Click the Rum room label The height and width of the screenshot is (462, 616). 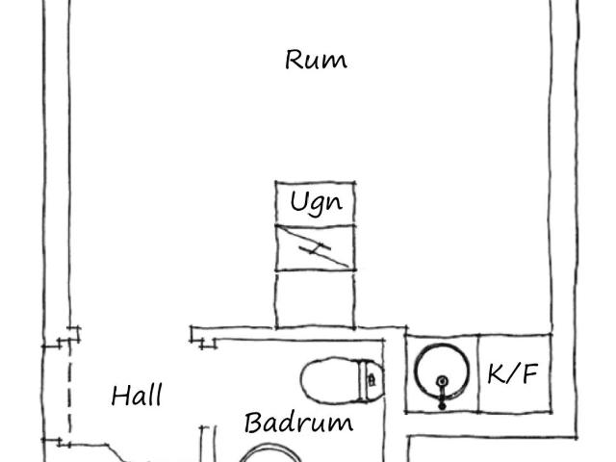tap(317, 60)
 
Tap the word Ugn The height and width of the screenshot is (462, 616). tap(317, 203)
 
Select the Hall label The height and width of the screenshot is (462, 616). tap(137, 396)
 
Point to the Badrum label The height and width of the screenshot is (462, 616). tap(298, 423)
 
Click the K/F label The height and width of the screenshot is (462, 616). tap(513, 373)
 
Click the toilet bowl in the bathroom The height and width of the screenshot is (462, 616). tap(331, 379)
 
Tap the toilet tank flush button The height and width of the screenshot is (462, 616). tap(372, 380)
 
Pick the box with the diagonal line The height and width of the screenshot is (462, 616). tap(316, 248)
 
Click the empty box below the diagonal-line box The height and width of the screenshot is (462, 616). tap(315, 299)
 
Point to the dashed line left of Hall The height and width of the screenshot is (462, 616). tap(70, 393)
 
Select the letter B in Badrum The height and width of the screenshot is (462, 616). tap(254, 423)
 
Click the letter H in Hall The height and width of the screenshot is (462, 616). tap(121, 396)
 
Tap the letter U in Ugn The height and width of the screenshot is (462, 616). tap(298, 201)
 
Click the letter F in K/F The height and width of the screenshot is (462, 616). tap(529, 373)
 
